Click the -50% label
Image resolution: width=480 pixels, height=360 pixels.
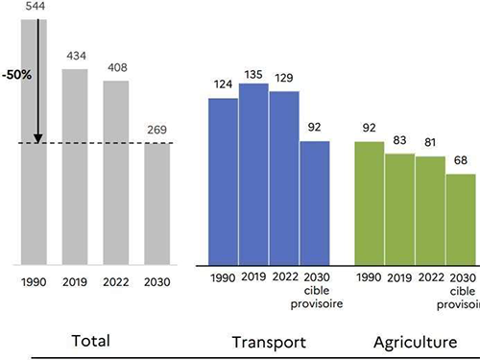(15, 75)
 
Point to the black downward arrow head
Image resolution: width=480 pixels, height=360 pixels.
(37, 138)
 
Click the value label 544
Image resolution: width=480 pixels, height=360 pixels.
(33, 6)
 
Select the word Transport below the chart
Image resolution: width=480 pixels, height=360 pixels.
(269, 315)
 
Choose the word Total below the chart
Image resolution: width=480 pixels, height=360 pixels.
(91, 314)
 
